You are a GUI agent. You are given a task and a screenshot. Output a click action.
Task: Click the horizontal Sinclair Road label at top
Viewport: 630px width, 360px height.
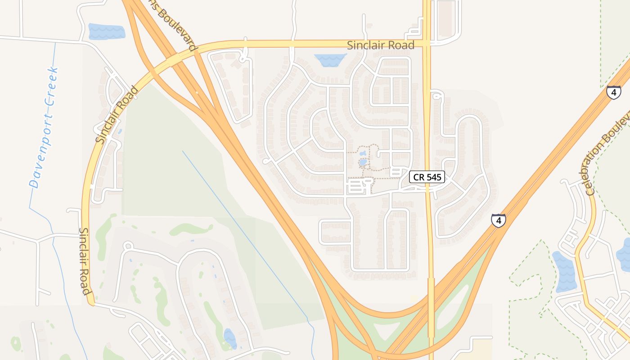tap(381, 45)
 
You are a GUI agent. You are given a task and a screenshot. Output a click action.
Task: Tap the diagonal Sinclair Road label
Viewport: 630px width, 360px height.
tap(117, 115)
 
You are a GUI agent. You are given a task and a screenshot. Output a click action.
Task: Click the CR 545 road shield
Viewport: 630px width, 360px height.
tap(427, 177)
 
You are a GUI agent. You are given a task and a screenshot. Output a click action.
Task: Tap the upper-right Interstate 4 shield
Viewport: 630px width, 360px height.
tap(613, 92)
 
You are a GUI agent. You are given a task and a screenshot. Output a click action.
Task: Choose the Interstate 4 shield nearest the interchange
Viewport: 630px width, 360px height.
tap(498, 220)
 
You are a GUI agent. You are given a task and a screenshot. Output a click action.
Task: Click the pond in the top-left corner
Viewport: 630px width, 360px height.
tap(107, 31)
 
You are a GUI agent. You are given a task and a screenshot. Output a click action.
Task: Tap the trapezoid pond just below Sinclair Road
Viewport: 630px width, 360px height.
tap(330, 60)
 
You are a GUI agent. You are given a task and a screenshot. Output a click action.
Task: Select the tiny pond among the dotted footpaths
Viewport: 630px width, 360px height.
tap(363, 162)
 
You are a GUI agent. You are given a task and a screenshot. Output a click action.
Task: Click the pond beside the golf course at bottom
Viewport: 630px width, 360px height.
tap(230, 338)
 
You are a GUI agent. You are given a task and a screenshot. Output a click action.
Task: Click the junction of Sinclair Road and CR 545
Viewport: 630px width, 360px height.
tap(427, 44)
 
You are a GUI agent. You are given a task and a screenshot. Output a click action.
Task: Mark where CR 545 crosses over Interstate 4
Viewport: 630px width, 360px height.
tap(431, 288)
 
